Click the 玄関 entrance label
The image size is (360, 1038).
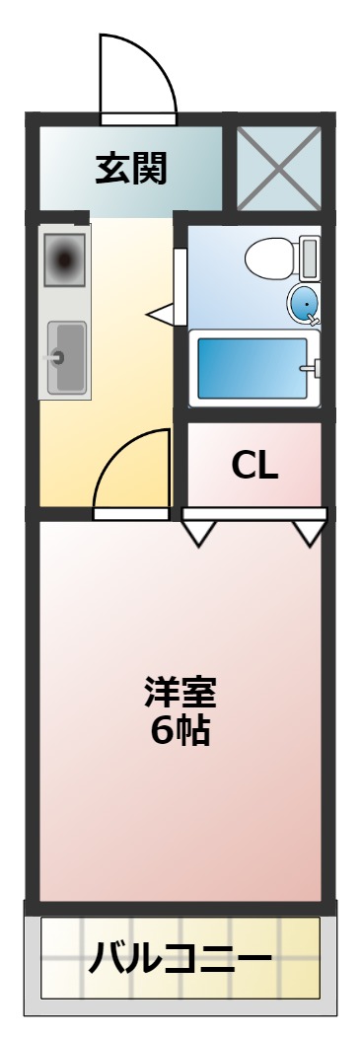[130, 169]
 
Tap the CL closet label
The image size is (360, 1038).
[254, 464]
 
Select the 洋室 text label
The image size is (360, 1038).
[180, 692]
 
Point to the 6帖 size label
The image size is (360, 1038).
[180, 730]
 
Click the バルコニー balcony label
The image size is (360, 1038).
[180, 957]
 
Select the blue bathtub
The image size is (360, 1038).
[252, 367]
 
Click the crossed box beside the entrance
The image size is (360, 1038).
[279, 167]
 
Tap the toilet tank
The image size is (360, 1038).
[310, 258]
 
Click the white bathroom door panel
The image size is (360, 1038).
[180, 286]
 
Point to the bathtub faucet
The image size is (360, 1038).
[315, 370]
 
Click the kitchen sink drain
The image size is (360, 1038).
[56, 357]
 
